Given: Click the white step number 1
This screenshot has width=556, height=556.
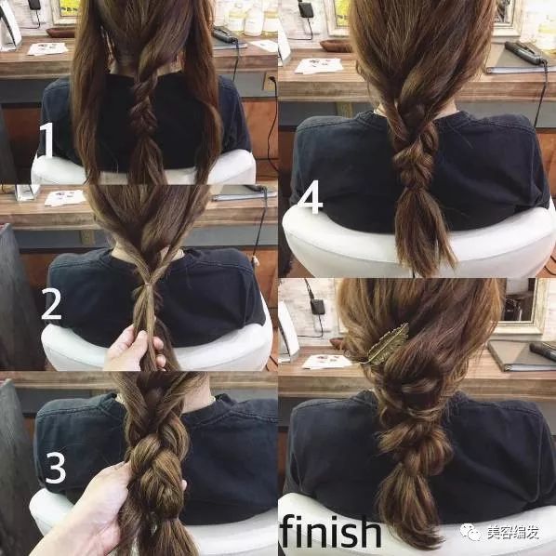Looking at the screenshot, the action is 47,139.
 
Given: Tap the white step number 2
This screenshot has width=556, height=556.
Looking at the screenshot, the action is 52,303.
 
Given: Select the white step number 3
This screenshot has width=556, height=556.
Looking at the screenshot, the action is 56,467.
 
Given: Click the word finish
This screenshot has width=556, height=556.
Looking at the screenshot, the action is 330,531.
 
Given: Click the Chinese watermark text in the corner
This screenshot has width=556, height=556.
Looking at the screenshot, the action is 512,533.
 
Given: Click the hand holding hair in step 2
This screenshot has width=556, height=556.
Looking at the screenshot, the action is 135,349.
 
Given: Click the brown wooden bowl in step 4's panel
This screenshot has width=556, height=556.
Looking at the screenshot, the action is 335,46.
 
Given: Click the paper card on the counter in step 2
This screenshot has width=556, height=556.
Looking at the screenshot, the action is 65,198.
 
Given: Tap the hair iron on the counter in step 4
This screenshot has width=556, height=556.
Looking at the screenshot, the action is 525,53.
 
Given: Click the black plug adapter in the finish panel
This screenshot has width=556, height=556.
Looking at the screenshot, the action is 317,307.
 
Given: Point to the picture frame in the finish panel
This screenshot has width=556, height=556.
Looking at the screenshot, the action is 523,307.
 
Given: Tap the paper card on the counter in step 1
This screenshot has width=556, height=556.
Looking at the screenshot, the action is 47,48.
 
